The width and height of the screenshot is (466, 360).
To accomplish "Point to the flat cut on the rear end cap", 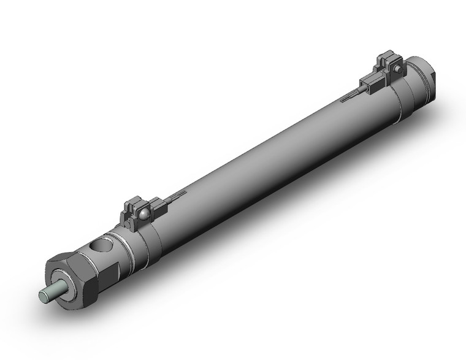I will [429, 77].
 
